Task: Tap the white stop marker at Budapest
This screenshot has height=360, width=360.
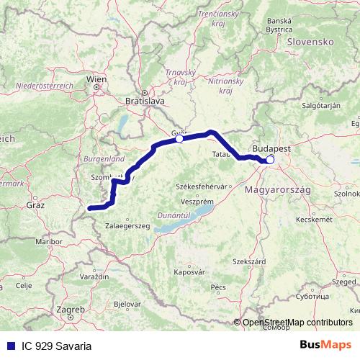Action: pyautogui.click(x=270, y=161)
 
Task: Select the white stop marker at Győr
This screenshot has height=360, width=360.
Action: pyautogui.click(x=180, y=140)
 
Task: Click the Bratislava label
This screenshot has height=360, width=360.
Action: pyautogui.click(x=144, y=102)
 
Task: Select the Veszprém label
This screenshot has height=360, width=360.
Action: pyautogui.click(x=196, y=201)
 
